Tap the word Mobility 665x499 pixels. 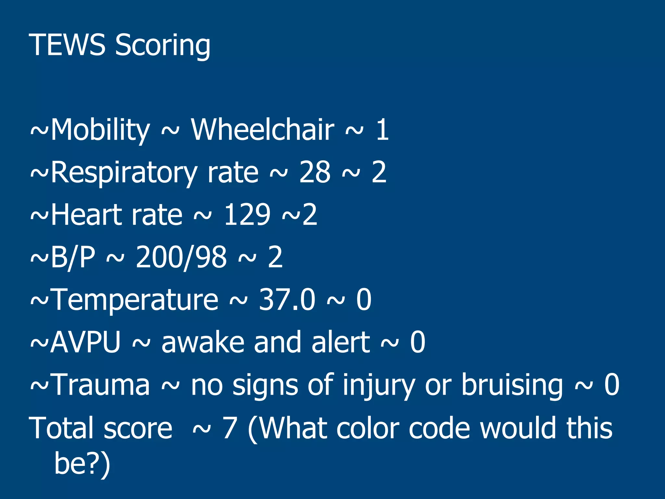tap(100, 130)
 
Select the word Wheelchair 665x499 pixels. tap(262, 130)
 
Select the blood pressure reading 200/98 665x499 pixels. tap(181, 257)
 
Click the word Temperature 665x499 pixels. tap(135, 300)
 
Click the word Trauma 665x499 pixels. tap(101, 385)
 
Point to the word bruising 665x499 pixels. tap(512, 385)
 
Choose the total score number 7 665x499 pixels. tap(230, 428)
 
